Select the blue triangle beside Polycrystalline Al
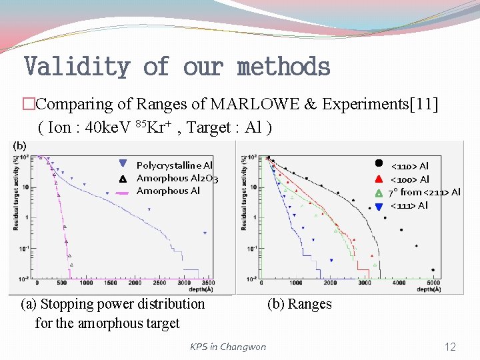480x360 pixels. [x=123, y=164]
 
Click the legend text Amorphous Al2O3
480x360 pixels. [x=177, y=178]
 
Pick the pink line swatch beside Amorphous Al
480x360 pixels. [x=123, y=192]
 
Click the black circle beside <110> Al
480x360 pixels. [x=378, y=163]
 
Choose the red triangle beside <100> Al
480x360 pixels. [x=378, y=178]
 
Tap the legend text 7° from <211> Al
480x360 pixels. [x=424, y=192]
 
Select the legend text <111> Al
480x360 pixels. [x=409, y=205]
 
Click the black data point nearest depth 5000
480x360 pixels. [x=433, y=270]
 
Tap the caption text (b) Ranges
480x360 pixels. [x=299, y=304]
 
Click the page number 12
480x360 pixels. [x=450, y=347]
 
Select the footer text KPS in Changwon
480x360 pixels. [x=228, y=347]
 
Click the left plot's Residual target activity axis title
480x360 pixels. [x=15, y=193]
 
